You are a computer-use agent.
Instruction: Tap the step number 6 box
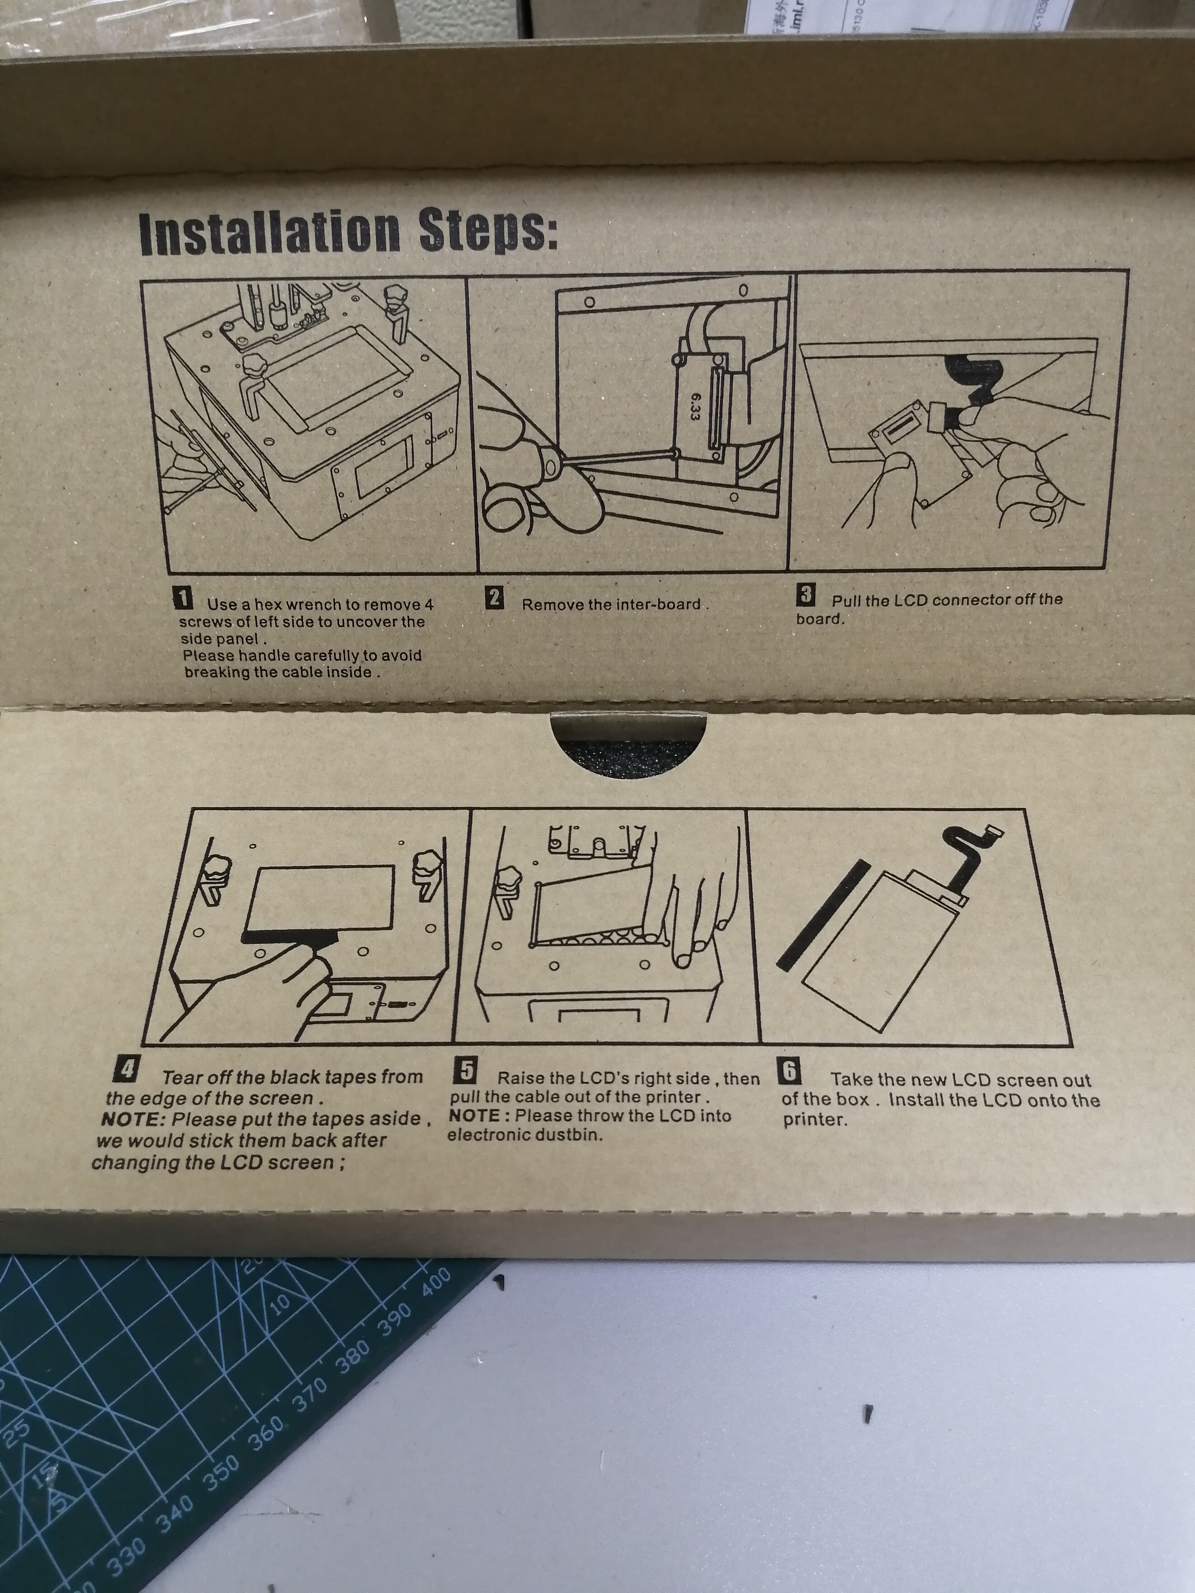point(790,1072)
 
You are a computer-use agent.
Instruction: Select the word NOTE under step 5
point(475,1115)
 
